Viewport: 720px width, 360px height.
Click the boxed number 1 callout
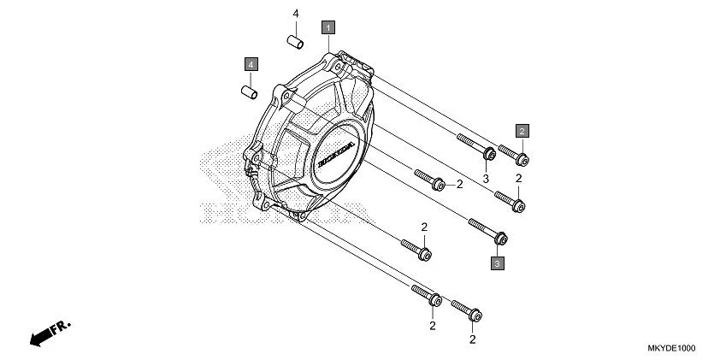click(x=328, y=27)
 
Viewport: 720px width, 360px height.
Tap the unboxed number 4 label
click(x=296, y=15)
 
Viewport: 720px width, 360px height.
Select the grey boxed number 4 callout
click(x=250, y=63)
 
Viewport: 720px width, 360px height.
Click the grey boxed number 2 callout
click(x=521, y=130)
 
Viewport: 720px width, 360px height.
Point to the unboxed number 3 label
click(x=485, y=178)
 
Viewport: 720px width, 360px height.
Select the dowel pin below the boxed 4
click(x=249, y=87)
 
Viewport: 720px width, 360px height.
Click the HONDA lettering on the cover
click(x=334, y=155)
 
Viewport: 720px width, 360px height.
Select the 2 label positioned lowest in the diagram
click(x=473, y=339)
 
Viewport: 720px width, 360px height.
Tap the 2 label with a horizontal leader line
click(x=459, y=184)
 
